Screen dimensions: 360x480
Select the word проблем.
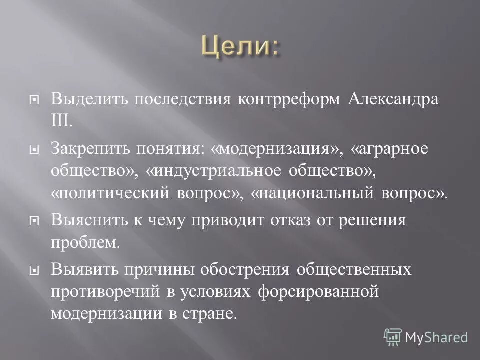pyautogui.click(x=85, y=243)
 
